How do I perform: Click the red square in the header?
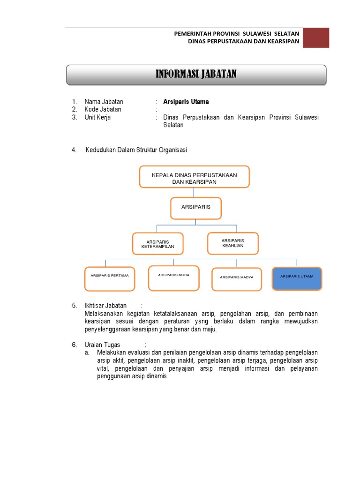(315, 37)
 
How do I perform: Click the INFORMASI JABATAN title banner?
(196, 75)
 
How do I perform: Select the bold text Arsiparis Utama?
(186, 102)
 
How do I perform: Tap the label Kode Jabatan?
(103, 109)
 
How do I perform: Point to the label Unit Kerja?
(97, 117)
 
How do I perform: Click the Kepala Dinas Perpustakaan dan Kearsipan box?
(194, 177)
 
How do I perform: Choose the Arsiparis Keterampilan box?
(157, 244)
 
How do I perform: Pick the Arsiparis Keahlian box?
(232, 243)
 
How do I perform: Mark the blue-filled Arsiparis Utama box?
(297, 278)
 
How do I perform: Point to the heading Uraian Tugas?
(102, 345)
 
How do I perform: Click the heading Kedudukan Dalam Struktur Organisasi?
(136, 150)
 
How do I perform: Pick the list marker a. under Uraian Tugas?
(87, 352)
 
